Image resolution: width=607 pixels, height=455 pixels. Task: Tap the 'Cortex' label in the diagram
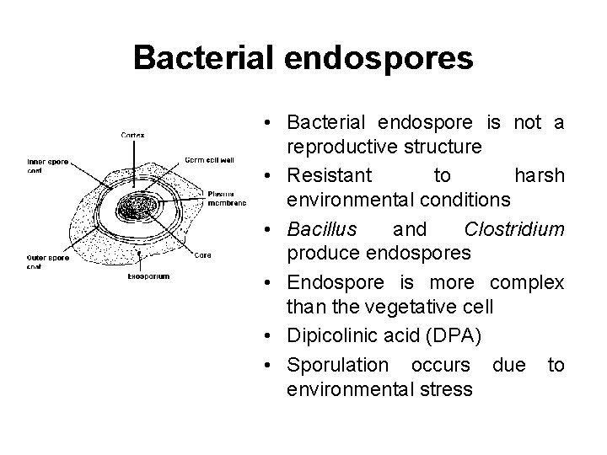click(132, 134)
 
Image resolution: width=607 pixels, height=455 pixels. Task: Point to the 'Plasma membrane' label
click(226, 197)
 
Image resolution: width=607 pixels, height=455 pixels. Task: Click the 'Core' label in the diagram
click(202, 255)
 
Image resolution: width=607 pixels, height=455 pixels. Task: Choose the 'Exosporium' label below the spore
click(148, 276)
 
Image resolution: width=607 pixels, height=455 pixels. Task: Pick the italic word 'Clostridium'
click(514, 228)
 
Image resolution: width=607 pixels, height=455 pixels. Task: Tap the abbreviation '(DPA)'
click(454, 337)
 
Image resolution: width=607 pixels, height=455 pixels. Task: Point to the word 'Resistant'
click(329, 174)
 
